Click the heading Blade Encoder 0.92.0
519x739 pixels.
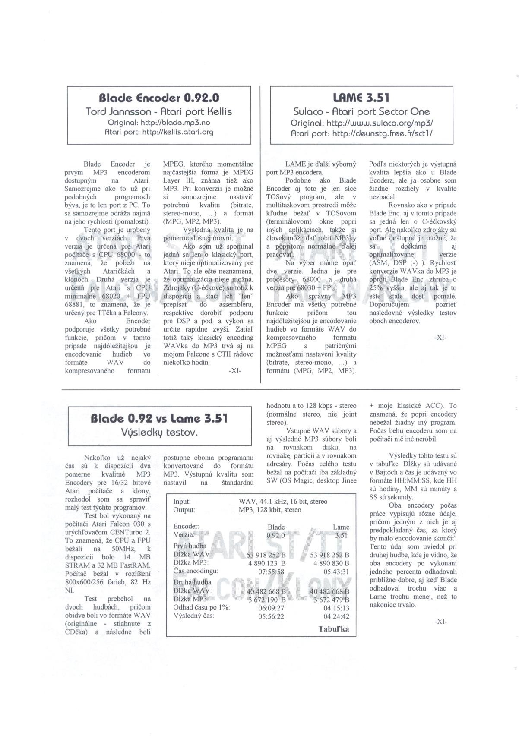click(158, 97)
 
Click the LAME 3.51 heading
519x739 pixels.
click(362, 98)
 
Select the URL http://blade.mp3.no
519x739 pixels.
click(158, 122)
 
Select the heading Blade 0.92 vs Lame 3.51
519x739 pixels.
click(159, 418)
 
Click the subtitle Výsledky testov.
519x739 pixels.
click(159, 432)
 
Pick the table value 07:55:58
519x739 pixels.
click(271, 572)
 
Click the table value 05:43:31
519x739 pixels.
click(336, 572)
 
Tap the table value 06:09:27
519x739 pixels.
click(271, 608)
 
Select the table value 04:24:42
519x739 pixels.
click(336, 616)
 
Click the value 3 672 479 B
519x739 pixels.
click(332, 600)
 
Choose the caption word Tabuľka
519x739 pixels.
click(333, 629)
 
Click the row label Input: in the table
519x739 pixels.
click(182, 502)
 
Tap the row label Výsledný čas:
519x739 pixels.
click(193, 616)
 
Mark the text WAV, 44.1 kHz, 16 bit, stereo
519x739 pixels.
click(283, 502)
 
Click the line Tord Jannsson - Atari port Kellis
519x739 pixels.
click(158, 112)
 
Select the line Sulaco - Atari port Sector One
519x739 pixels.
click(362, 112)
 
